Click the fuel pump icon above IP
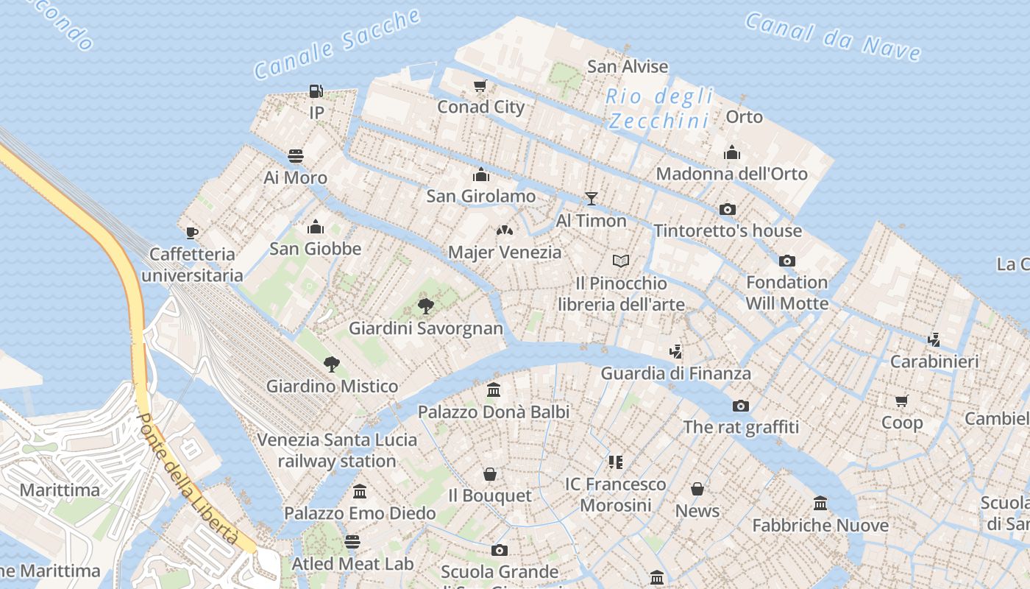(316, 91)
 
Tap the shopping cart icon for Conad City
(480, 85)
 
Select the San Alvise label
(628, 66)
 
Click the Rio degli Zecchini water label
(659, 108)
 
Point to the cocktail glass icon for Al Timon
(591, 198)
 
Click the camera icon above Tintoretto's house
(728, 209)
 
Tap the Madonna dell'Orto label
(731, 174)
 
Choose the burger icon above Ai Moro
(296, 156)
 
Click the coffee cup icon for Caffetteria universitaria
(192, 233)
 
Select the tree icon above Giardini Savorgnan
(425, 306)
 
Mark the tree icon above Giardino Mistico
(332, 364)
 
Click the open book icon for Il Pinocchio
(621, 261)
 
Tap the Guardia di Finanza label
(675, 373)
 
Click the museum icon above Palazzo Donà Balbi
(494, 389)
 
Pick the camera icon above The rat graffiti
(741, 406)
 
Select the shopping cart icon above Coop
(902, 401)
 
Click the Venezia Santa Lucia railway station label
(337, 451)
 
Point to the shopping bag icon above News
(697, 489)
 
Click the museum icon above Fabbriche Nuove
(820, 504)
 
